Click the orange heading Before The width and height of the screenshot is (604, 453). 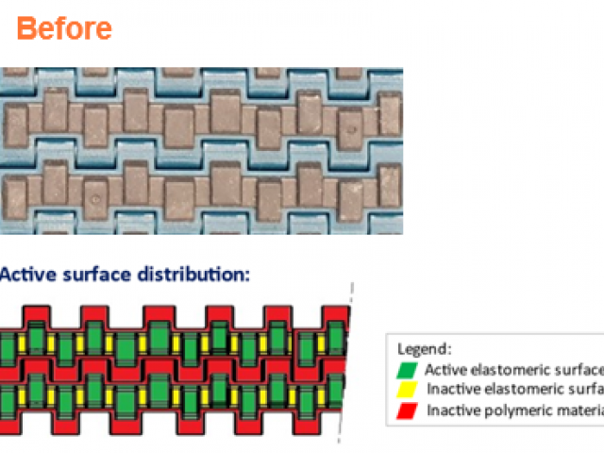click(x=64, y=28)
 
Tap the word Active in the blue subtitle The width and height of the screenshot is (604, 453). click(x=26, y=275)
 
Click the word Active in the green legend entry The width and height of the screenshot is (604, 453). click(x=443, y=369)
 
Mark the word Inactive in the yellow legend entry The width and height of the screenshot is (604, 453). click(x=450, y=389)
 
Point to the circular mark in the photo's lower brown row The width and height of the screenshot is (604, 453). click(x=95, y=199)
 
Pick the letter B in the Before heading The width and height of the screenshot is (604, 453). click(x=27, y=28)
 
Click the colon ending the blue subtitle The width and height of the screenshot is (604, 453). click(x=248, y=276)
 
